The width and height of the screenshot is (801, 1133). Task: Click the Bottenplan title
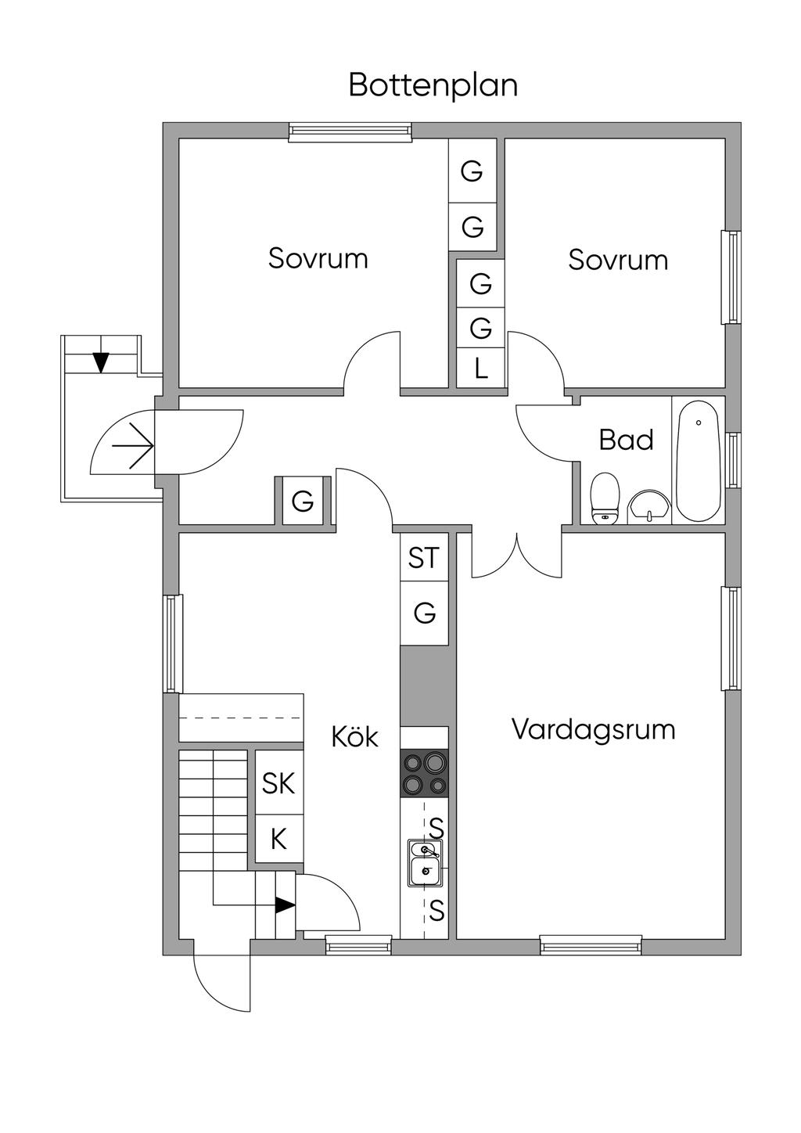(433, 85)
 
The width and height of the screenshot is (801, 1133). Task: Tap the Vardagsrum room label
(593, 729)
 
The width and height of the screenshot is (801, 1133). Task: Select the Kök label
(354, 736)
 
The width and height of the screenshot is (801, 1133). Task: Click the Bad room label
(626, 440)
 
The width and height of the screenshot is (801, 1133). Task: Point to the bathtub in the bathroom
(698, 460)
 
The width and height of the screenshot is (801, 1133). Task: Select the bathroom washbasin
(649, 505)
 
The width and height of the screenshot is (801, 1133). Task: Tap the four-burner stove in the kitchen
(424, 773)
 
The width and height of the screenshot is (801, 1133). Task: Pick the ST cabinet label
(424, 558)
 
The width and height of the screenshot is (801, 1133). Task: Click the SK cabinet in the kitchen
(278, 783)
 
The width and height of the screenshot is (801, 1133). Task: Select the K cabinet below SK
(278, 840)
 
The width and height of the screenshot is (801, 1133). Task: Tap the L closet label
(481, 368)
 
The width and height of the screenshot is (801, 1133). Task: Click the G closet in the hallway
(303, 501)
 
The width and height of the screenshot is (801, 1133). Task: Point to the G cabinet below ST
(424, 613)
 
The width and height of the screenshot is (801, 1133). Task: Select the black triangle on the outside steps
(100, 362)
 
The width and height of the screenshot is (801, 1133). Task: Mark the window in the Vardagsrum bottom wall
(591, 946)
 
